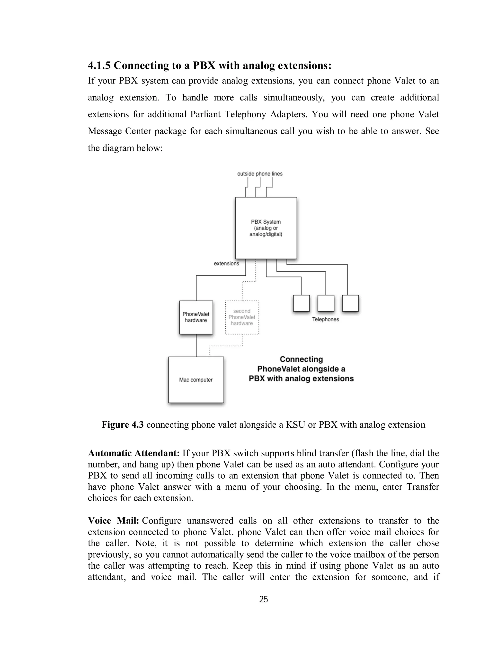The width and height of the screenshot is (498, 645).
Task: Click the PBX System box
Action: [x=266, y=228]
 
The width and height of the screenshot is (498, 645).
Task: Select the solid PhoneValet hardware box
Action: [x=196, y=317]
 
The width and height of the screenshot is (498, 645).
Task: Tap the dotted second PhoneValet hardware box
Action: [x=242, y=317]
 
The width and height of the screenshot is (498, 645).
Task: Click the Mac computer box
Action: [x=196, y=379]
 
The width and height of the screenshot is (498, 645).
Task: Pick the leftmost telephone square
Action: [x=301, y=303]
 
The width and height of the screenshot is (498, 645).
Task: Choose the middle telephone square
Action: [x=326, y=303]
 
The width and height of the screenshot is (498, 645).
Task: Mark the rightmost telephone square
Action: [x=350, y=303]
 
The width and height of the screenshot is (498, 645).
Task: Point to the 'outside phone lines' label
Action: [x=260, y=174]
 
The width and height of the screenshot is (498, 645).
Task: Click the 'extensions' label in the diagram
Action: [x=226, y=263]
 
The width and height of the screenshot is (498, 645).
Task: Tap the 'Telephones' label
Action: [x=325, y=319]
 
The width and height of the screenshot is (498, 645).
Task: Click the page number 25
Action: [x=263, y=599]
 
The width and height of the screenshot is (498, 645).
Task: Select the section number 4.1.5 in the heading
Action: [x=99, y=65]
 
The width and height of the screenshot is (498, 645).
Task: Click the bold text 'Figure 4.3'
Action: [x=123, y=425]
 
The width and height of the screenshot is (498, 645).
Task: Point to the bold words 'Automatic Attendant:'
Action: [x=134, y=453]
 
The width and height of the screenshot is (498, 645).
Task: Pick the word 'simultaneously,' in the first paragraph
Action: [x=294, y=97]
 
